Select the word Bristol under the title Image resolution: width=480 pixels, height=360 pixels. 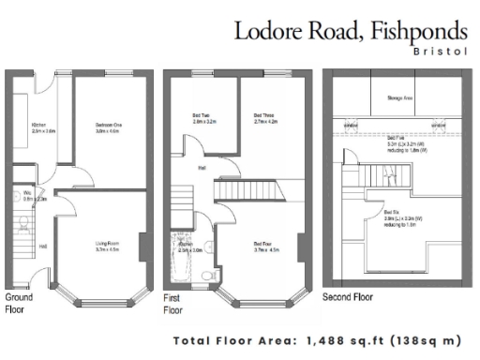[440, 52]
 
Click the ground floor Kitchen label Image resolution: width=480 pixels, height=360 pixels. [39, 127]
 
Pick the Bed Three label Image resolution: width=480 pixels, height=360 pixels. [265, 118]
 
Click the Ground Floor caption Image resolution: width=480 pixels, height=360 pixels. [19, 301]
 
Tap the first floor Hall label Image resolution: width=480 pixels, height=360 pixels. [202, 169]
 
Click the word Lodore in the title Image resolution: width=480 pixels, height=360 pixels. [273, 30]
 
